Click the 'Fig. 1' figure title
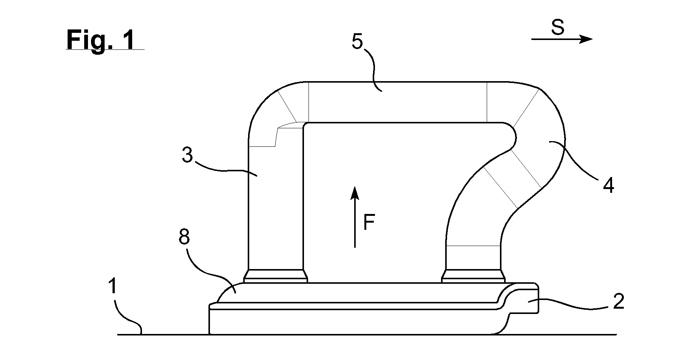pyautogui.click(x=100, y=40)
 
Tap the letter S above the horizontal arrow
pyautogui.click(x=558, y=28)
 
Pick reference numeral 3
pyautogui.click(x=187, y=155)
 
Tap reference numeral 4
pyautogui.click(x=608, y=185)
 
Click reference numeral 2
pyautogui.click(x=618, y=302)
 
